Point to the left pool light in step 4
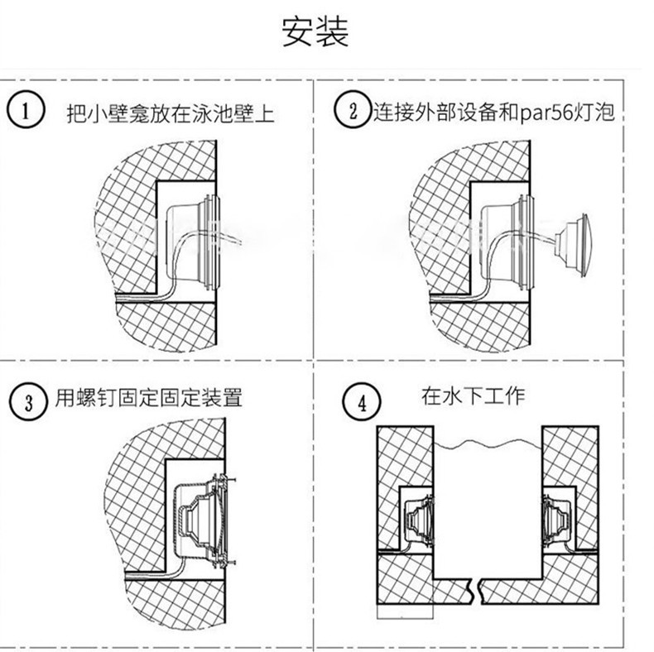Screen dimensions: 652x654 (417, 519)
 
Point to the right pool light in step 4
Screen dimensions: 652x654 (557, 519)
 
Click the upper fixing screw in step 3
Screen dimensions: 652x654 (222, 477)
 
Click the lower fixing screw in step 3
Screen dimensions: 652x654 (222, 561)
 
